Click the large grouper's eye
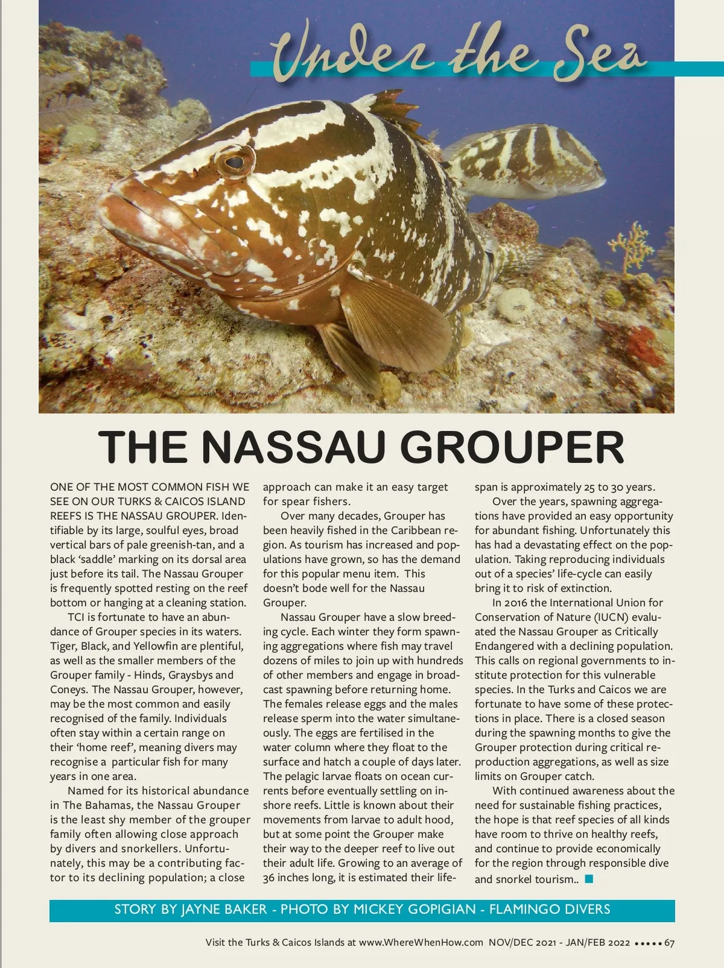pyautogui.click(x=234, y=161)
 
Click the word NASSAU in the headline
pyautogui.click(x=293, y=447)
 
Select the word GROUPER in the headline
pyautogui.click(x=512, y=447)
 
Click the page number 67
pyautogui.click(x=669, y=943)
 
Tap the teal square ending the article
pyautogui.click(x=589, y=879)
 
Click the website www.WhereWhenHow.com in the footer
pyautogui.click(x=421, y=943)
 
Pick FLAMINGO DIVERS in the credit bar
pyautogui.click(x=550, y=910)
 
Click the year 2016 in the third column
pyautogui.click(x=515, y=603)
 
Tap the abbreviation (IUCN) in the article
pyautogui.click(x=611, y=617)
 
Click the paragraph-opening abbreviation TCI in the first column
pyautogui.click(x=77, y=617)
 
